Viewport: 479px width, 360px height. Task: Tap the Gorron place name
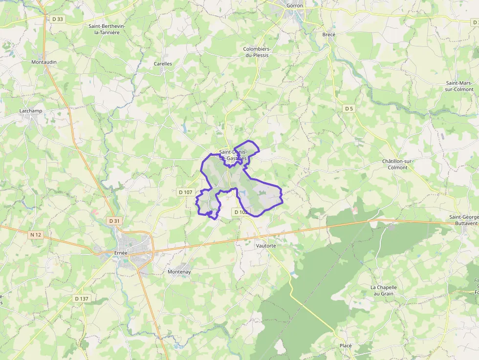295,5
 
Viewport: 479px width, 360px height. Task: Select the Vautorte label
266,246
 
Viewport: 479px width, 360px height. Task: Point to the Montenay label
179,272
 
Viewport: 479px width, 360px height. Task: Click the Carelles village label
163,64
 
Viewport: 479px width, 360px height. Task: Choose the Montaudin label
44,62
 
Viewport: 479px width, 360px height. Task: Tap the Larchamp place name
31,111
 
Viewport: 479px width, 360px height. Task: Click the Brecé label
329,34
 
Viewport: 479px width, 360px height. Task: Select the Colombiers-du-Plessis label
257,52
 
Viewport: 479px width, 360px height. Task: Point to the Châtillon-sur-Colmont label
395,164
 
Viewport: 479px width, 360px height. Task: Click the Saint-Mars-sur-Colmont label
459,86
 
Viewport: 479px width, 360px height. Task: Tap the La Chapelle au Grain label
384,290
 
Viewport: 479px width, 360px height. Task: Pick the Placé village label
346,345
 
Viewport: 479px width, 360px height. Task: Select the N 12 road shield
36,234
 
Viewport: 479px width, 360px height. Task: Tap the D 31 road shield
114,221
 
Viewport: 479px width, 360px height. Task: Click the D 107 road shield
186,192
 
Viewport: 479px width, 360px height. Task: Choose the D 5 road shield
348,108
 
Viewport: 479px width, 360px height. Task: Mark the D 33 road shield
57,19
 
